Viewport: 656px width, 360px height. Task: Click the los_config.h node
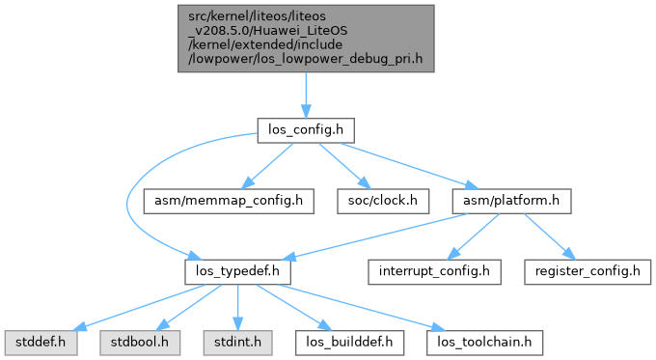(x=306, y=130)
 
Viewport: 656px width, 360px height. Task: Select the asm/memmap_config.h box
(x=229, y=201)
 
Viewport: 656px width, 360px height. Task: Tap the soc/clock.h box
(x=383, y=201)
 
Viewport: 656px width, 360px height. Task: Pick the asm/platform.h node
(x=511, y=201)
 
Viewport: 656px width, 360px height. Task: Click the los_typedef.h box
(x=237, y=271)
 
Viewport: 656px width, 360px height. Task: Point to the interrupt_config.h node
(x=434, y=271)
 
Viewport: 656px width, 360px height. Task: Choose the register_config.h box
(x=588, y=271)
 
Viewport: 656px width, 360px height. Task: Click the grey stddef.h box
(x=41, y=343)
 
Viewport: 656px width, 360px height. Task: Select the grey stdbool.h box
(x=140, y=343)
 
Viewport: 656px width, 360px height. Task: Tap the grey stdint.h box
(x=237, y=343)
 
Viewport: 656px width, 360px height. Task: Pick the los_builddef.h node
(x=349, y=343)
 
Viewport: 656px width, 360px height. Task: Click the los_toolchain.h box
(x=484, y=343)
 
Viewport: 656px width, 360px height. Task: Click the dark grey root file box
(x=306, y=39)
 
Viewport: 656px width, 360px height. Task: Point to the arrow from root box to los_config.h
(x=306, y=95)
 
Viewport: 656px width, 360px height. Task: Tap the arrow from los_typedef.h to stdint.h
(x=237, y=308)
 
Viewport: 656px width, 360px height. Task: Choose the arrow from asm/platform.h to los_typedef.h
(x=375, y=236)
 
